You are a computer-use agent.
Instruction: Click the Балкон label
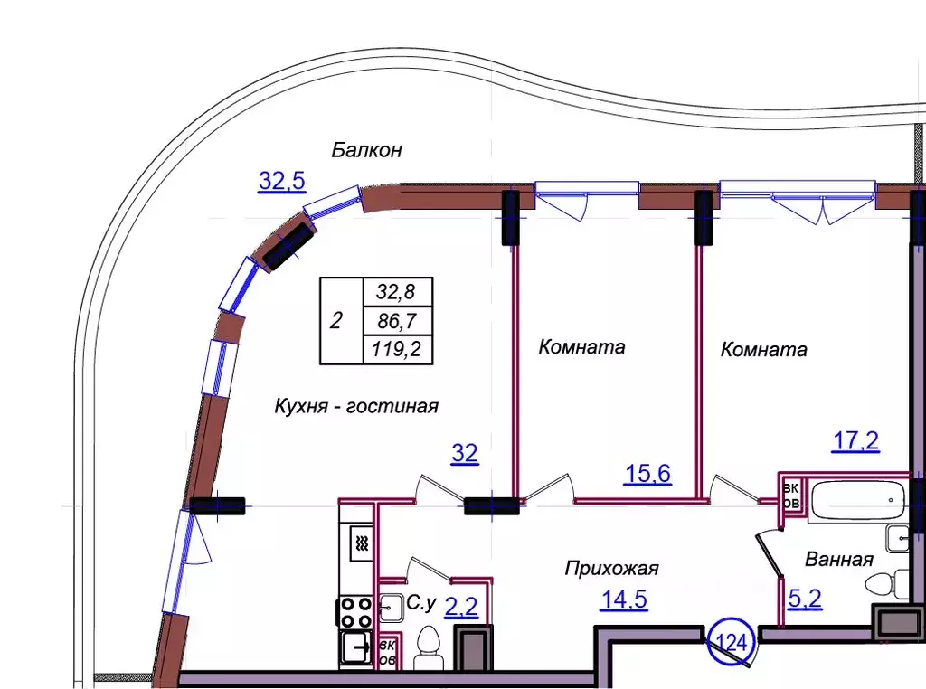[366, 150]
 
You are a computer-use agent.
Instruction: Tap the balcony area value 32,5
[282, 181]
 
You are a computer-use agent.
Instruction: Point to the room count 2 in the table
[336, 320]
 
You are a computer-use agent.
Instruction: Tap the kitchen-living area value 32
[465, 454]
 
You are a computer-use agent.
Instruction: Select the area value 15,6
[647, 473]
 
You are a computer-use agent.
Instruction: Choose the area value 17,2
[855, 442]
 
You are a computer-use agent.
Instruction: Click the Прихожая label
[611, 569]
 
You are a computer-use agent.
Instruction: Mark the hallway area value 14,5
[624, 599]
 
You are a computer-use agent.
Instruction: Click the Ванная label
[838, 560]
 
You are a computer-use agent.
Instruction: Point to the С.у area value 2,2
[461, 607]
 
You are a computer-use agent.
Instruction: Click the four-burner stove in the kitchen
[356, 612]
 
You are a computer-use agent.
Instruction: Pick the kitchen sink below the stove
[356, 647]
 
